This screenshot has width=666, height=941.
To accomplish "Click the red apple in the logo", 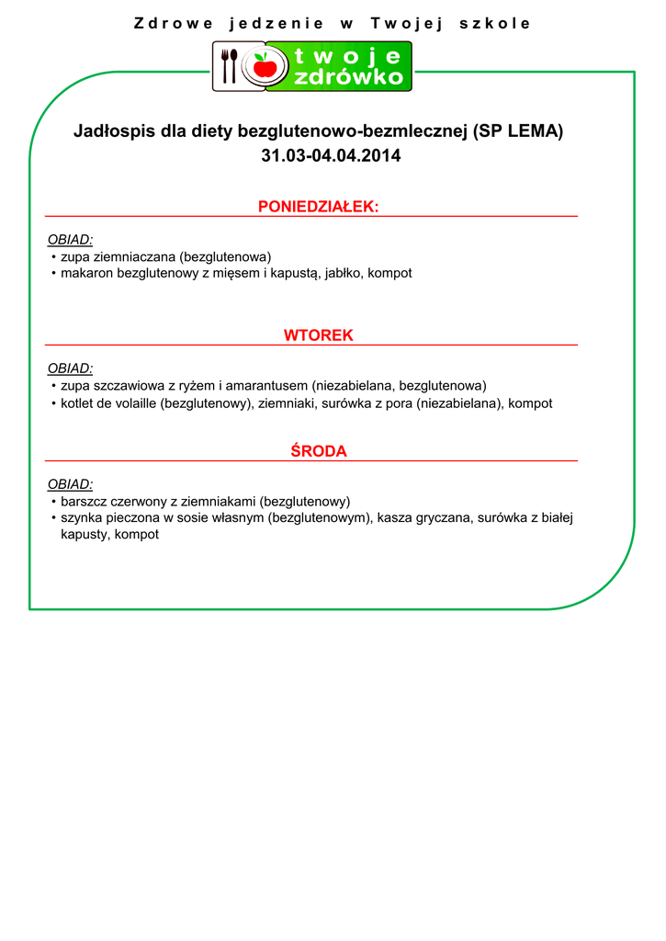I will coord(265,66).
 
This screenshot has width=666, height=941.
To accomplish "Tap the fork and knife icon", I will coord(230,66).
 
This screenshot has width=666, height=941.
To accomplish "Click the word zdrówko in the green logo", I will coord(349,77).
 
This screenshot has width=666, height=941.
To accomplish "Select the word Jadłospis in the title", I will coord(115,131).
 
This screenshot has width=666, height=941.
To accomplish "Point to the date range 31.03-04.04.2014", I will coord(331,156).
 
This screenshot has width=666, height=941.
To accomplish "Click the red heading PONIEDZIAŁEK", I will coord(318,207).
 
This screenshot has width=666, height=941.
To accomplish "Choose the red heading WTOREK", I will coord(318,335).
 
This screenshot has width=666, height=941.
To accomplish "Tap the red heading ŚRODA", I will coord(318,451).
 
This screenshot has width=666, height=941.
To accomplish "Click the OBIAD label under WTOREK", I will coord(70,368).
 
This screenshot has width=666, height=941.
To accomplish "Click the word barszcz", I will coord(84,502).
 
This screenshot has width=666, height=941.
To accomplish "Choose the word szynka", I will coord(81,518).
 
